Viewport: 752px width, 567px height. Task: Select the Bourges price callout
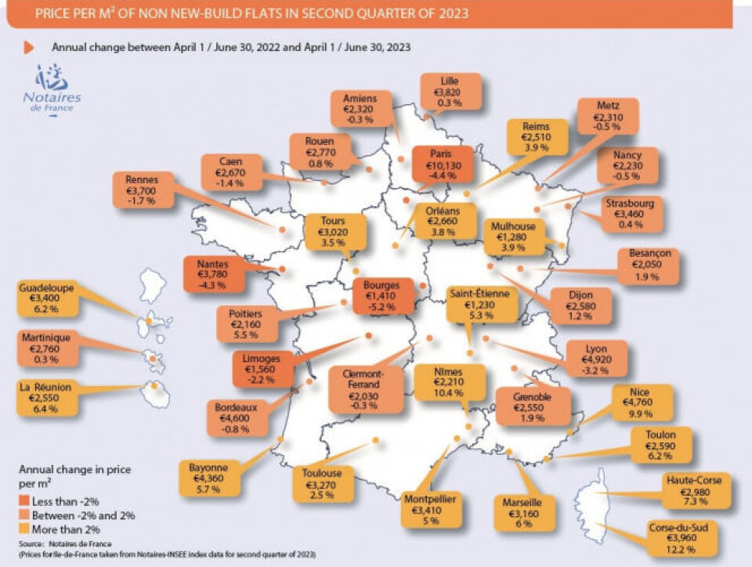tap(382, 296)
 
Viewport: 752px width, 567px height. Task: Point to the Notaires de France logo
tap(56, 90)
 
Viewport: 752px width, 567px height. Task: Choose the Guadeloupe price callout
tap(45, 298)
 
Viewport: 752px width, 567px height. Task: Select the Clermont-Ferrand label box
tap(361, 388)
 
